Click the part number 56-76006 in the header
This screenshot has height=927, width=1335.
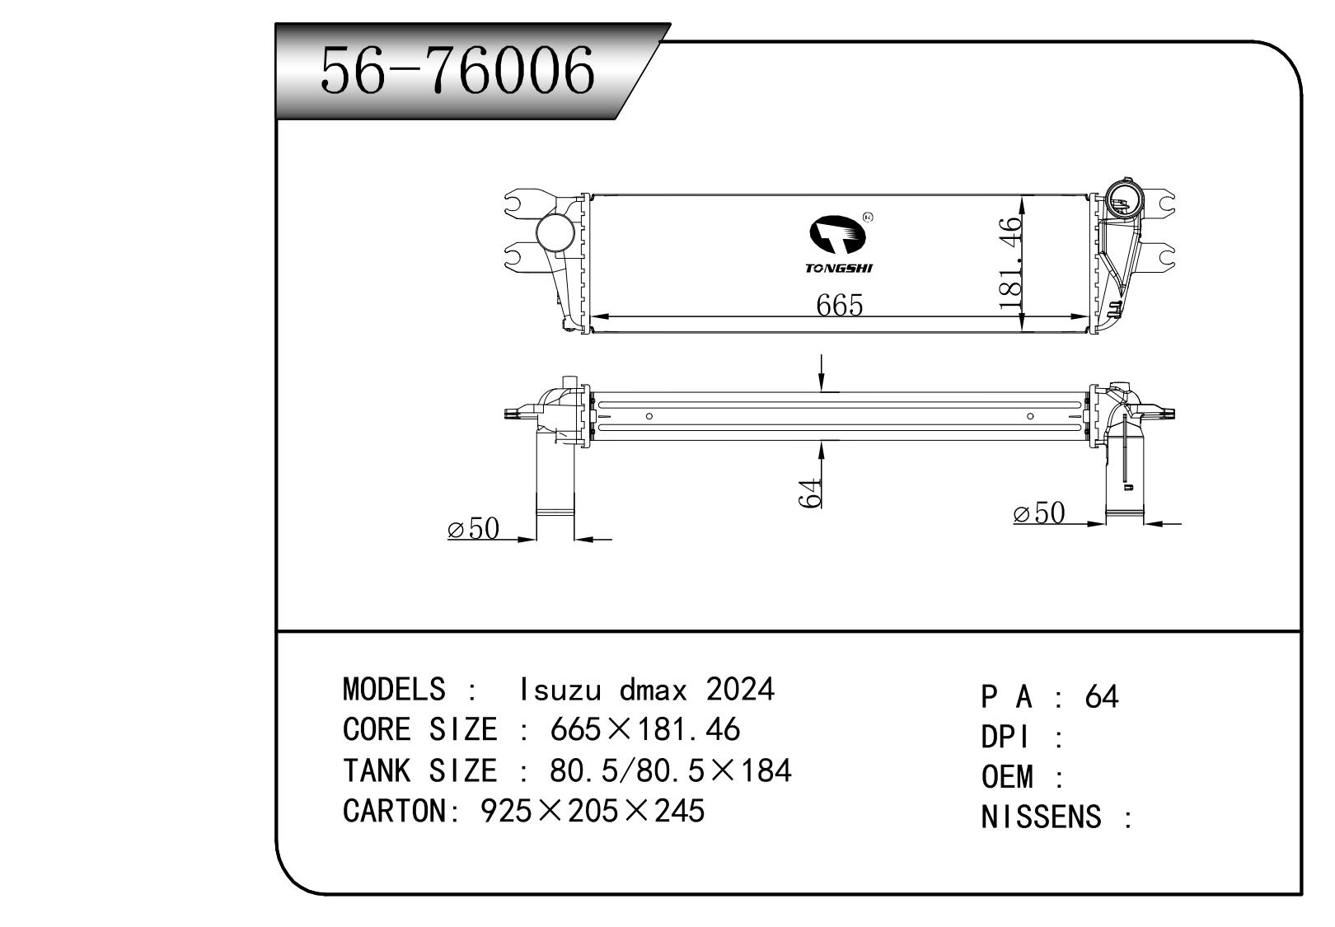457,70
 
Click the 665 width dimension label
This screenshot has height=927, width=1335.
839,305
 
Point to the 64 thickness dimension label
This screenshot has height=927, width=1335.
811,492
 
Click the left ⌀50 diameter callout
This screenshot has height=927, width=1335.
474,528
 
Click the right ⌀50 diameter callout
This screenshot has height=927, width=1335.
1039,513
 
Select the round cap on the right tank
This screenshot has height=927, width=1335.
1122,198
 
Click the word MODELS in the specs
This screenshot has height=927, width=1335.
393,689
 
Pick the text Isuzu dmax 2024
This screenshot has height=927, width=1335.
647,689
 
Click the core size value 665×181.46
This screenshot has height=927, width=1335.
644,729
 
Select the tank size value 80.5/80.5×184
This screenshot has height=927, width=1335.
670,770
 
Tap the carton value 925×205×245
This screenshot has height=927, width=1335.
592,811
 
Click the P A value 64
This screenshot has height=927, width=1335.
1102,697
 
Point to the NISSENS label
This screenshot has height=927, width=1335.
1041,817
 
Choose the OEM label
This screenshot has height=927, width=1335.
1007,777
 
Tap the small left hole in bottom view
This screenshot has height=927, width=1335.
649,416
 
